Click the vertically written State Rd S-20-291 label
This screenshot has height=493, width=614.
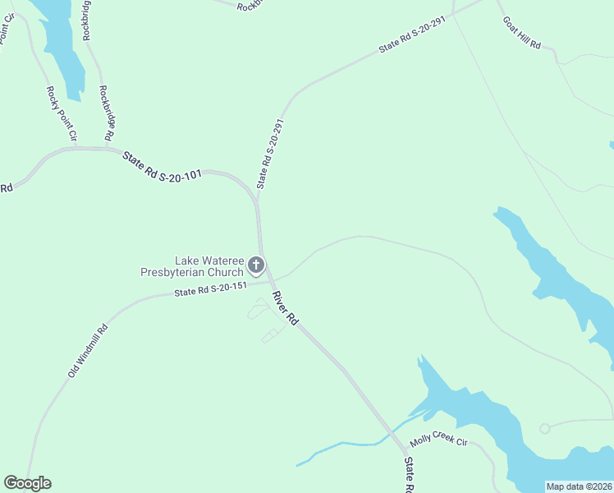point(271,154)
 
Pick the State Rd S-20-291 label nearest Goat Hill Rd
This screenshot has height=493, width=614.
point(411,37)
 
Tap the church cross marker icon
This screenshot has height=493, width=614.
point(256,265)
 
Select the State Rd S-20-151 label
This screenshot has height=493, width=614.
point(210,289)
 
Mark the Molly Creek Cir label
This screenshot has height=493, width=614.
point(438,441)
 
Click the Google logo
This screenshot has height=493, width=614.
point(27,483)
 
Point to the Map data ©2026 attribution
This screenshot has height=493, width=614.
point(578,486)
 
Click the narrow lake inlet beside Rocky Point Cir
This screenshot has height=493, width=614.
point(62,49)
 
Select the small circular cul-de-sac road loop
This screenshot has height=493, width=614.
point(544,428)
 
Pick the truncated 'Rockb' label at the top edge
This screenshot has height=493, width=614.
point(247,7)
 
